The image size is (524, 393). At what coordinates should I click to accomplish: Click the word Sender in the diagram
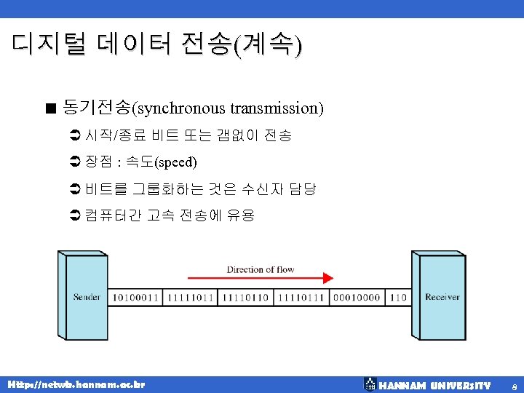[x=87, y=297]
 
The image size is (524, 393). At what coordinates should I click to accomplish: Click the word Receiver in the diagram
[x=442, y=297]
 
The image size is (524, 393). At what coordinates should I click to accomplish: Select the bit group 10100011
[x=135, y=297]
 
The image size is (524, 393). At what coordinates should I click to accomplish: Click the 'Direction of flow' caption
[x=260, y=269]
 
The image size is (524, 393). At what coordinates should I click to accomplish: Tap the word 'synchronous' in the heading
[x=182, y=108]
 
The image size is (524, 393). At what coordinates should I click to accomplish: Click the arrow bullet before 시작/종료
[x=73, y=135]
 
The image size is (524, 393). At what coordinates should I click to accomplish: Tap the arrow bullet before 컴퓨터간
[x=73, y=215]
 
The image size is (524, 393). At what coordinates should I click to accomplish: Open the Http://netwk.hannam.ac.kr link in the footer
[x=76, y=384]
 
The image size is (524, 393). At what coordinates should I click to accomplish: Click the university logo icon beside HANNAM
[x=370, y=384]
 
